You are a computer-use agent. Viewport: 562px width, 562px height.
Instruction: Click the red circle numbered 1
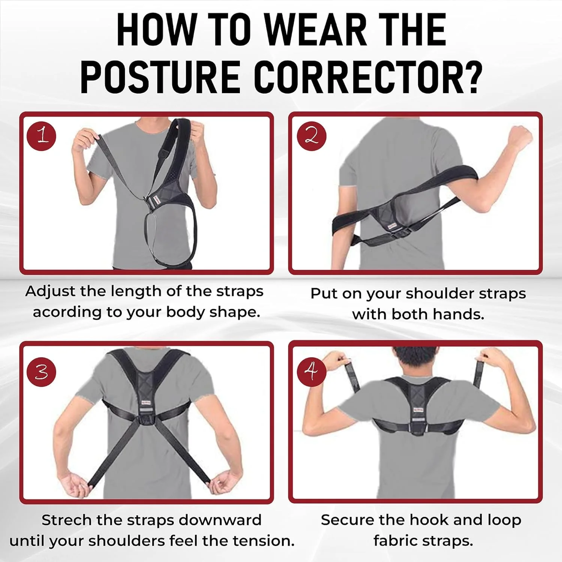pos(42,136)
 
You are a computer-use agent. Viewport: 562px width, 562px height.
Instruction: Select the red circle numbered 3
pos(42,372)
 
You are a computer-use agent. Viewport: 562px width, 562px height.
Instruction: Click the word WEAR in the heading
pos(316,29)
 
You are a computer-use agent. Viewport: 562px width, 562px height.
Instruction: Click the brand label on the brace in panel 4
pos(418,409)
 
